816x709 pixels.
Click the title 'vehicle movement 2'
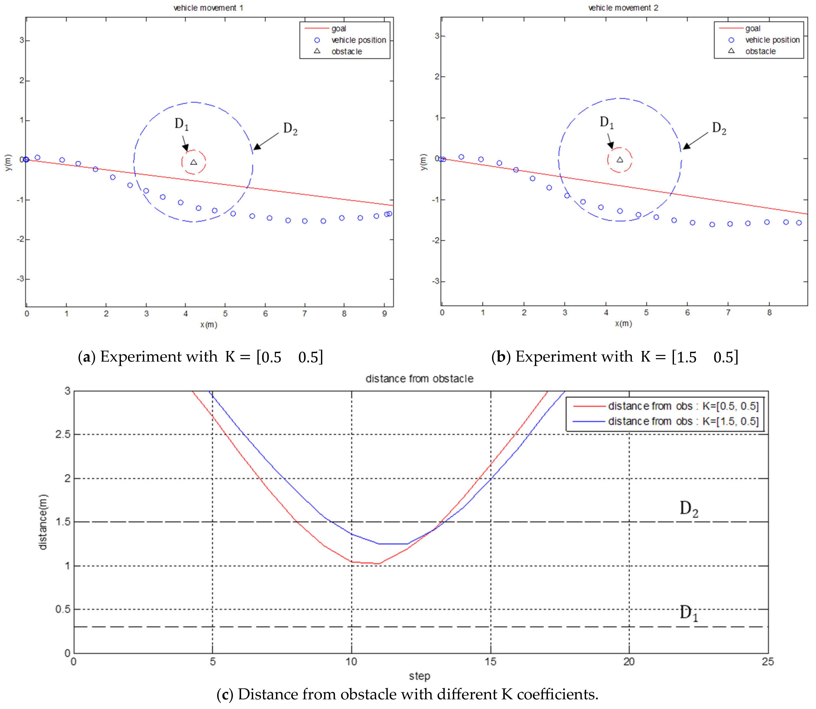623,8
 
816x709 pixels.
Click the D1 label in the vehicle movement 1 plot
181,124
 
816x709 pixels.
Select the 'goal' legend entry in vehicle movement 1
338,28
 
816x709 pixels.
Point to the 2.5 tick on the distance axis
62,434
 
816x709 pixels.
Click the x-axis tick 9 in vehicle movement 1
385,314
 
